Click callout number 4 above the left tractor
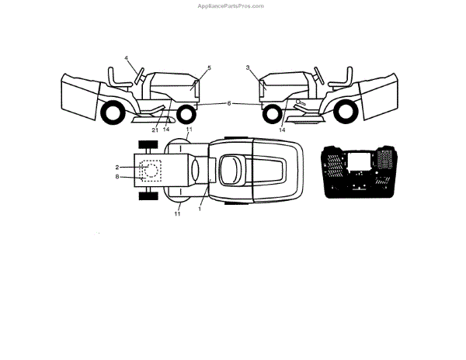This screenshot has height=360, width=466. click(127, 58)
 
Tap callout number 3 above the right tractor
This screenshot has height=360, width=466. click(248, 68)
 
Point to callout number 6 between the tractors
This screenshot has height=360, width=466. click(229, 102)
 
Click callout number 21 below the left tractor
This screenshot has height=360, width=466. click(155, 130)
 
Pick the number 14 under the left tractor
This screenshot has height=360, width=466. click(166, 130)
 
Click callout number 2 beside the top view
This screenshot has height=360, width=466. click(116, 167)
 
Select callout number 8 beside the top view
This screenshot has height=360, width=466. click(116, 177)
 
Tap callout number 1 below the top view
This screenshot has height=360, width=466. click(200, 208)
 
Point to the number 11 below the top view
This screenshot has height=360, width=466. click(177, 213)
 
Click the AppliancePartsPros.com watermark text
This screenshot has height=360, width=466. click(232, 5)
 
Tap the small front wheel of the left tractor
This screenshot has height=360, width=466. click(186, 115)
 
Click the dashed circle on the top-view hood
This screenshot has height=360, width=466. click(151, 171)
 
